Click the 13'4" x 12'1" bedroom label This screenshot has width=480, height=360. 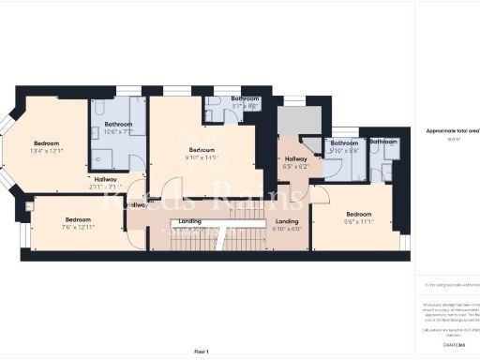[x=46, y=144]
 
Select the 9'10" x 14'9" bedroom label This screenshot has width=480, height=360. [x=202, y=150]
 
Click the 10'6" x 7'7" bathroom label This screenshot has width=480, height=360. [x=118, y=125]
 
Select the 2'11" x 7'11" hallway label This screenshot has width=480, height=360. [x=105, y=179]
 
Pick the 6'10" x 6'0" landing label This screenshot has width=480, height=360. [x=287, y=221]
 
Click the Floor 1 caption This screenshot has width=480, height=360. [x=201, y=351]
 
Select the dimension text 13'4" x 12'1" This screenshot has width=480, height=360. [x=46, y=150]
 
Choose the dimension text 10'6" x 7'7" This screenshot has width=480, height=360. [x=118, y=132]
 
